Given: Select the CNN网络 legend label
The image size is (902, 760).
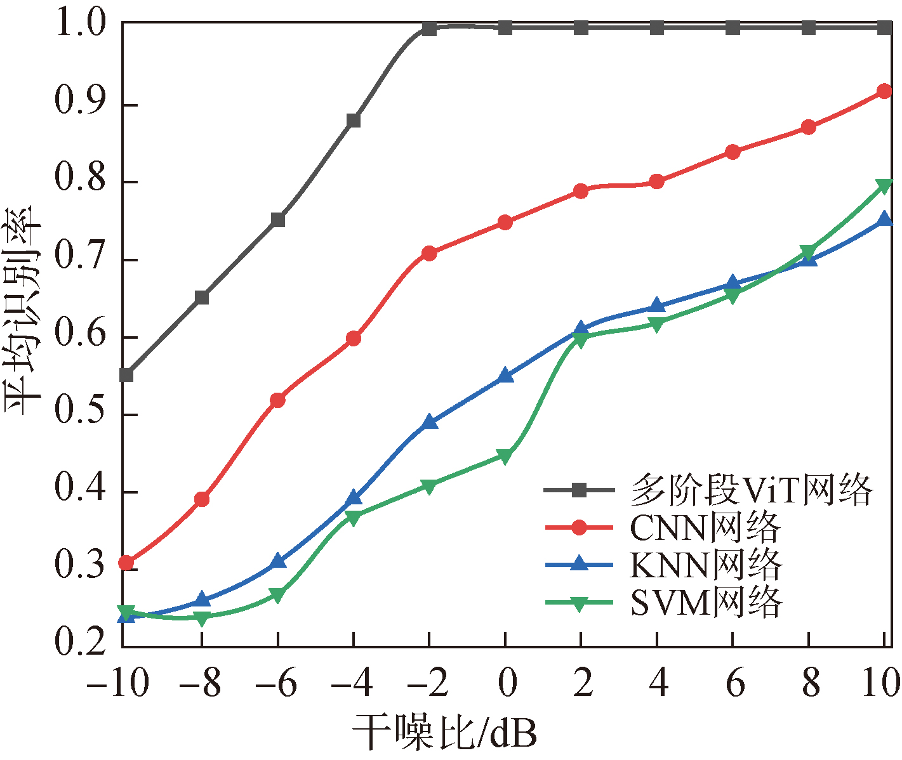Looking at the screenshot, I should click(x=705, y=527).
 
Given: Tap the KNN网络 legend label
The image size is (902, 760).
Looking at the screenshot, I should click(x=705, y=565).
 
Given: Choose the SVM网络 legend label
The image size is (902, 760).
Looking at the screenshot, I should click(x=706, y=602).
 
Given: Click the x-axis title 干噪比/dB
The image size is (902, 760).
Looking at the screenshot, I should click(x=444, y=733).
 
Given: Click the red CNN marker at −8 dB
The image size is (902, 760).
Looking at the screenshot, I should click(x=202, y=499).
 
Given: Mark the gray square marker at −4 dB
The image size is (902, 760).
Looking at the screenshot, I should click(x=354, y=121).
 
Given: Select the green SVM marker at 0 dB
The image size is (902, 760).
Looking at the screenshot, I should click(x=505, y=456).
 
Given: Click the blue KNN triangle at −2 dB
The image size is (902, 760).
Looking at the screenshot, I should click(x=430, y=422).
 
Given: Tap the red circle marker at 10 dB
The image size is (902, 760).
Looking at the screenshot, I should click(x=884, y=91).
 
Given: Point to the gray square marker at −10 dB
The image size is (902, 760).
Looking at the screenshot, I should click(x=126, y=375).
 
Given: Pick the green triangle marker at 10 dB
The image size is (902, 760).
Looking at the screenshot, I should click(x=884, y=186).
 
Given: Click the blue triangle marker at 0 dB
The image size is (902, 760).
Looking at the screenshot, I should click(x=505, y=376).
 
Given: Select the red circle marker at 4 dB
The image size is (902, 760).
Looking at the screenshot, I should click(x=657, y=182).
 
